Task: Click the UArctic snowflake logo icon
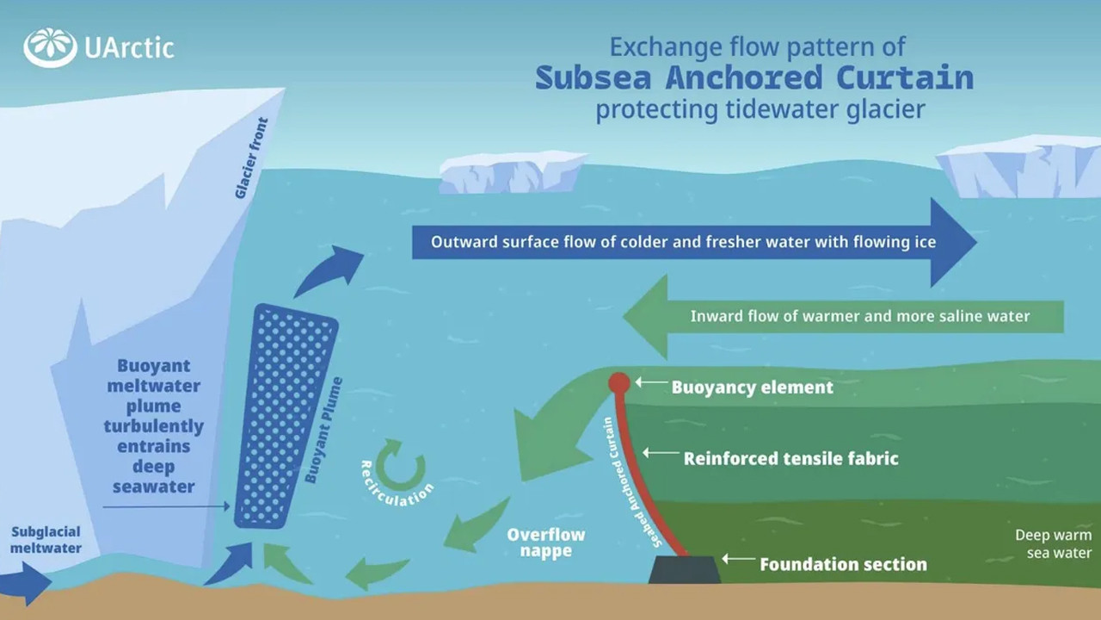pos(50,48)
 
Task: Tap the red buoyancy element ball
pos(618,383)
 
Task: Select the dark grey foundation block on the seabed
pos(685,569)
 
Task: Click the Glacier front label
pos(251,158)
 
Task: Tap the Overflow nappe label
pos(545,542)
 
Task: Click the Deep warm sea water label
pos(1053,544)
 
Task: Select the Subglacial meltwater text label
pos(46,539)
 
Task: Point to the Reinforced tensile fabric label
pos(790,458)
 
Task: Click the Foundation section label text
pos(843,565)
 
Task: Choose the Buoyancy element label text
pos(752,387)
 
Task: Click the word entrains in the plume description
pos(154,446)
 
